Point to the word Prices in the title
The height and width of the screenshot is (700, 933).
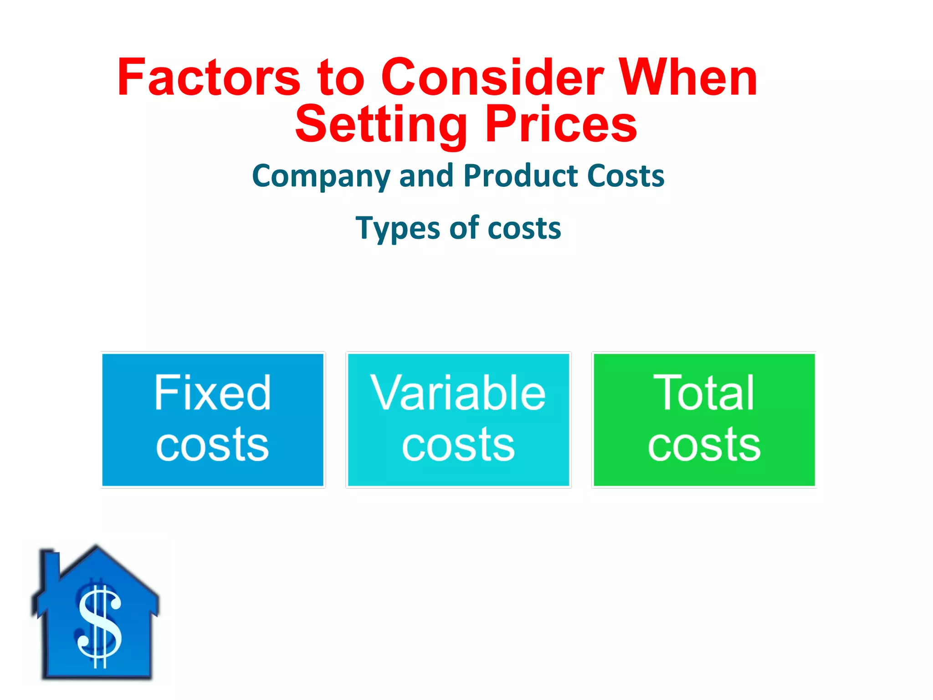pyautogui.click(x=561, y=124)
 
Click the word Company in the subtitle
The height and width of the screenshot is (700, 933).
pyautogui.click(x=321, y=177)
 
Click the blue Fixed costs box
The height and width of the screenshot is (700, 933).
pyautogui.click(x=213, y=420)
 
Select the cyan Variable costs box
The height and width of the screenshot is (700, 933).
pyautogui.click(x=458, y=420)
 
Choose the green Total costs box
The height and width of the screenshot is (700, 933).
pyautogui.click(x=704, y=420)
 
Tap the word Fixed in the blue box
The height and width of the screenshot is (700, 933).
pyautogui.click(x=213, y=393)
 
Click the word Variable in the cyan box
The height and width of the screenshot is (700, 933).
pyautogui.click(x=458, y=393)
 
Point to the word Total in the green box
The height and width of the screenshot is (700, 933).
pyautogui.click(x=704, y=393)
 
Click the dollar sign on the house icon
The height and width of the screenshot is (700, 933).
pyautogui.click(x=100, y=627)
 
